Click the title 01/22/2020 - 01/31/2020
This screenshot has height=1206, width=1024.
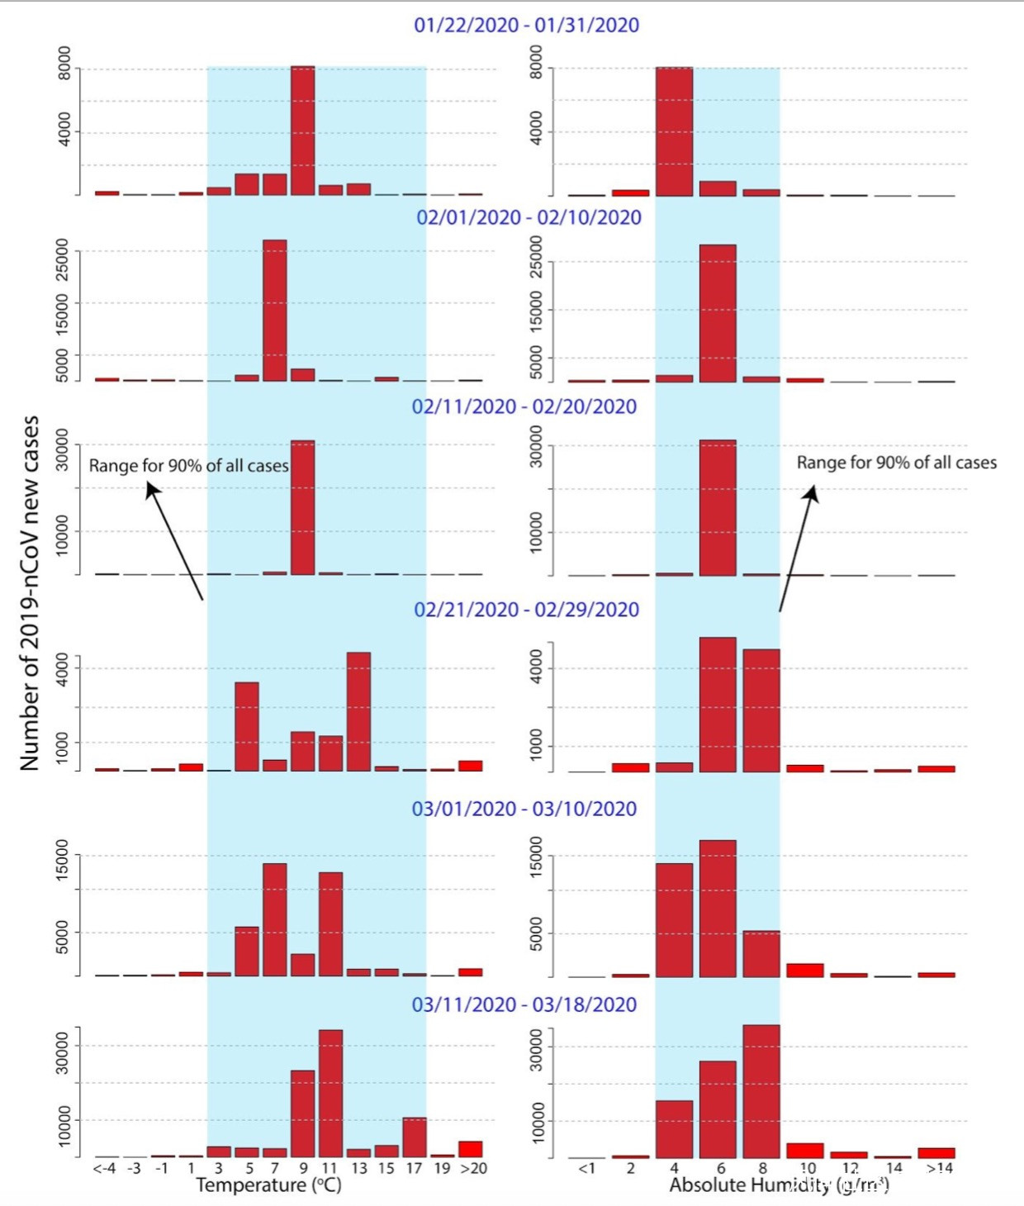click(526, 25)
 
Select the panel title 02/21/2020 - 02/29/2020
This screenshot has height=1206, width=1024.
click(526, 610)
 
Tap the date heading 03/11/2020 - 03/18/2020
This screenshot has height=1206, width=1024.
click(524, 1004)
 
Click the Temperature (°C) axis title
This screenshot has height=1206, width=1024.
click(268, 1185)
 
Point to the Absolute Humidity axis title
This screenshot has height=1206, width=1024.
click(779, 1185)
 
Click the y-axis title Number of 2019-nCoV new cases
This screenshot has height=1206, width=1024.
click(30, 592)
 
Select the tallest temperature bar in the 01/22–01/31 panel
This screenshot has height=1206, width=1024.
click(302, 131)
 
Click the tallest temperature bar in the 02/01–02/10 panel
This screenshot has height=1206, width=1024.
click(275, 311)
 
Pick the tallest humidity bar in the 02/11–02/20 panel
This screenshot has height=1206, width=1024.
click(718, 507)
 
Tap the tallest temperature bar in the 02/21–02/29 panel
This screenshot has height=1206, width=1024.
click(358, 711)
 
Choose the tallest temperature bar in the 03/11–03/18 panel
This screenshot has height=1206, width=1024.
click(330, 1093)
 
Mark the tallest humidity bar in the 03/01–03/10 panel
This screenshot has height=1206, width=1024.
click(718, 908)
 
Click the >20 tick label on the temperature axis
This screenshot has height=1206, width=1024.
click(473, 1168)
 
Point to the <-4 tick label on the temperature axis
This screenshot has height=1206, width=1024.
click(105, 1168)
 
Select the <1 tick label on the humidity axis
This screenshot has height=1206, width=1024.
click(586, 1168)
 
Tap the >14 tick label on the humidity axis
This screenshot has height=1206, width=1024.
click(939, 1168)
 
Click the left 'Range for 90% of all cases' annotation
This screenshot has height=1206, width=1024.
click(188, 466)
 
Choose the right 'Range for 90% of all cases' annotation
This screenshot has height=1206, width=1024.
click(896, 463)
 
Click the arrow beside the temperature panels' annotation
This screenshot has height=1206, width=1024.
click(175, 541)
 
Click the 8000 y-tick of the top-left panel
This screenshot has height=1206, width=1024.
click(64, 63)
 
